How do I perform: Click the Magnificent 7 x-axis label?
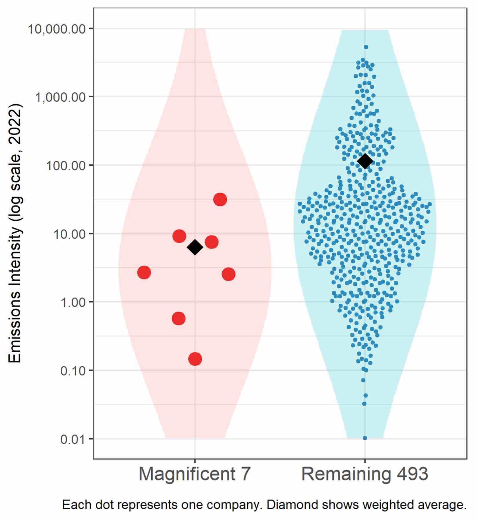click(194, 474)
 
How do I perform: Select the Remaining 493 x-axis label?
click(365, 474)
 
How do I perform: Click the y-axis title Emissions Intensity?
click(15, 233)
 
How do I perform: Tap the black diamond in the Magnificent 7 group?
click(195, 247)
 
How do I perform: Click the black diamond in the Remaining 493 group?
click(365, 161)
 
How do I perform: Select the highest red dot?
click(220, 199)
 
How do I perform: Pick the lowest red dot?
click(195, 359)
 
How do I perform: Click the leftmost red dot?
click(144, 273)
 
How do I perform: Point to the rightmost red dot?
click(228, 274)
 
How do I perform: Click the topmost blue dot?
click(366, 47)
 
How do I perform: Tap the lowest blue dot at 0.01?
click(365, 438)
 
